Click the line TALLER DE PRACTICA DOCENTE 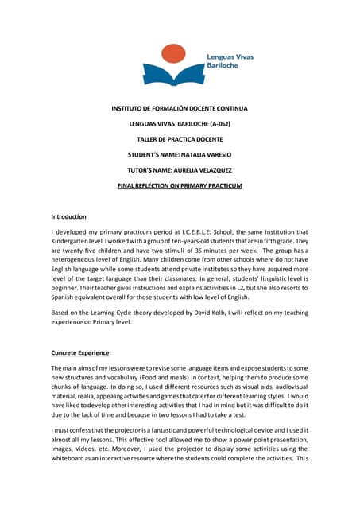180,139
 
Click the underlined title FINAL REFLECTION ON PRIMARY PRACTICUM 180,186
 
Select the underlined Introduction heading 68,217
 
